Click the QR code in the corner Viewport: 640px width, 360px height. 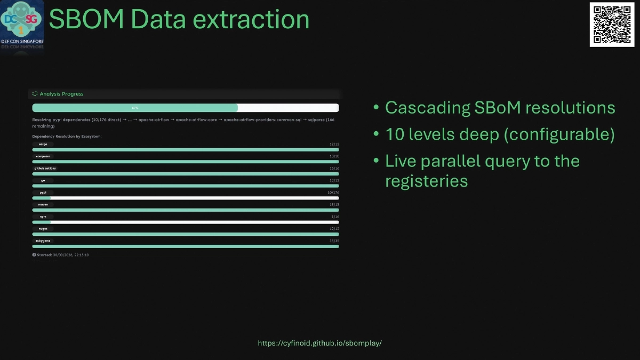pos(612,25)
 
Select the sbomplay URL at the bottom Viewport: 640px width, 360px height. pos(319,343)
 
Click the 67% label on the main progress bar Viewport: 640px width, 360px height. pos(135,108)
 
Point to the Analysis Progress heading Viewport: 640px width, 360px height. pos(61,94)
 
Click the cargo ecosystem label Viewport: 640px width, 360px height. pos(43,144)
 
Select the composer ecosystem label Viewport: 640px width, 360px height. pos(43,156)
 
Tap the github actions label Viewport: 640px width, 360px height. pos(45,169)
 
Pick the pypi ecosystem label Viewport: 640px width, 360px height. pos(43,193)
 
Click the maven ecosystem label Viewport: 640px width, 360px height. pos(43,204)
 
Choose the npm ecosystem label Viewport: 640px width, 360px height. pos(43,217)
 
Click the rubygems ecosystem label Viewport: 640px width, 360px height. pos(43,241)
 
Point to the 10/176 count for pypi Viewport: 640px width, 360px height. pos(333,193)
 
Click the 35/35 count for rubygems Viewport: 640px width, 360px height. pos(334,241)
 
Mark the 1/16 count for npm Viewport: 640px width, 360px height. pos(335,217)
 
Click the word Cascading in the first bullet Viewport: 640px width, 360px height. pos(427,108)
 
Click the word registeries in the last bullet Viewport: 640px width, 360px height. pos(427,181)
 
